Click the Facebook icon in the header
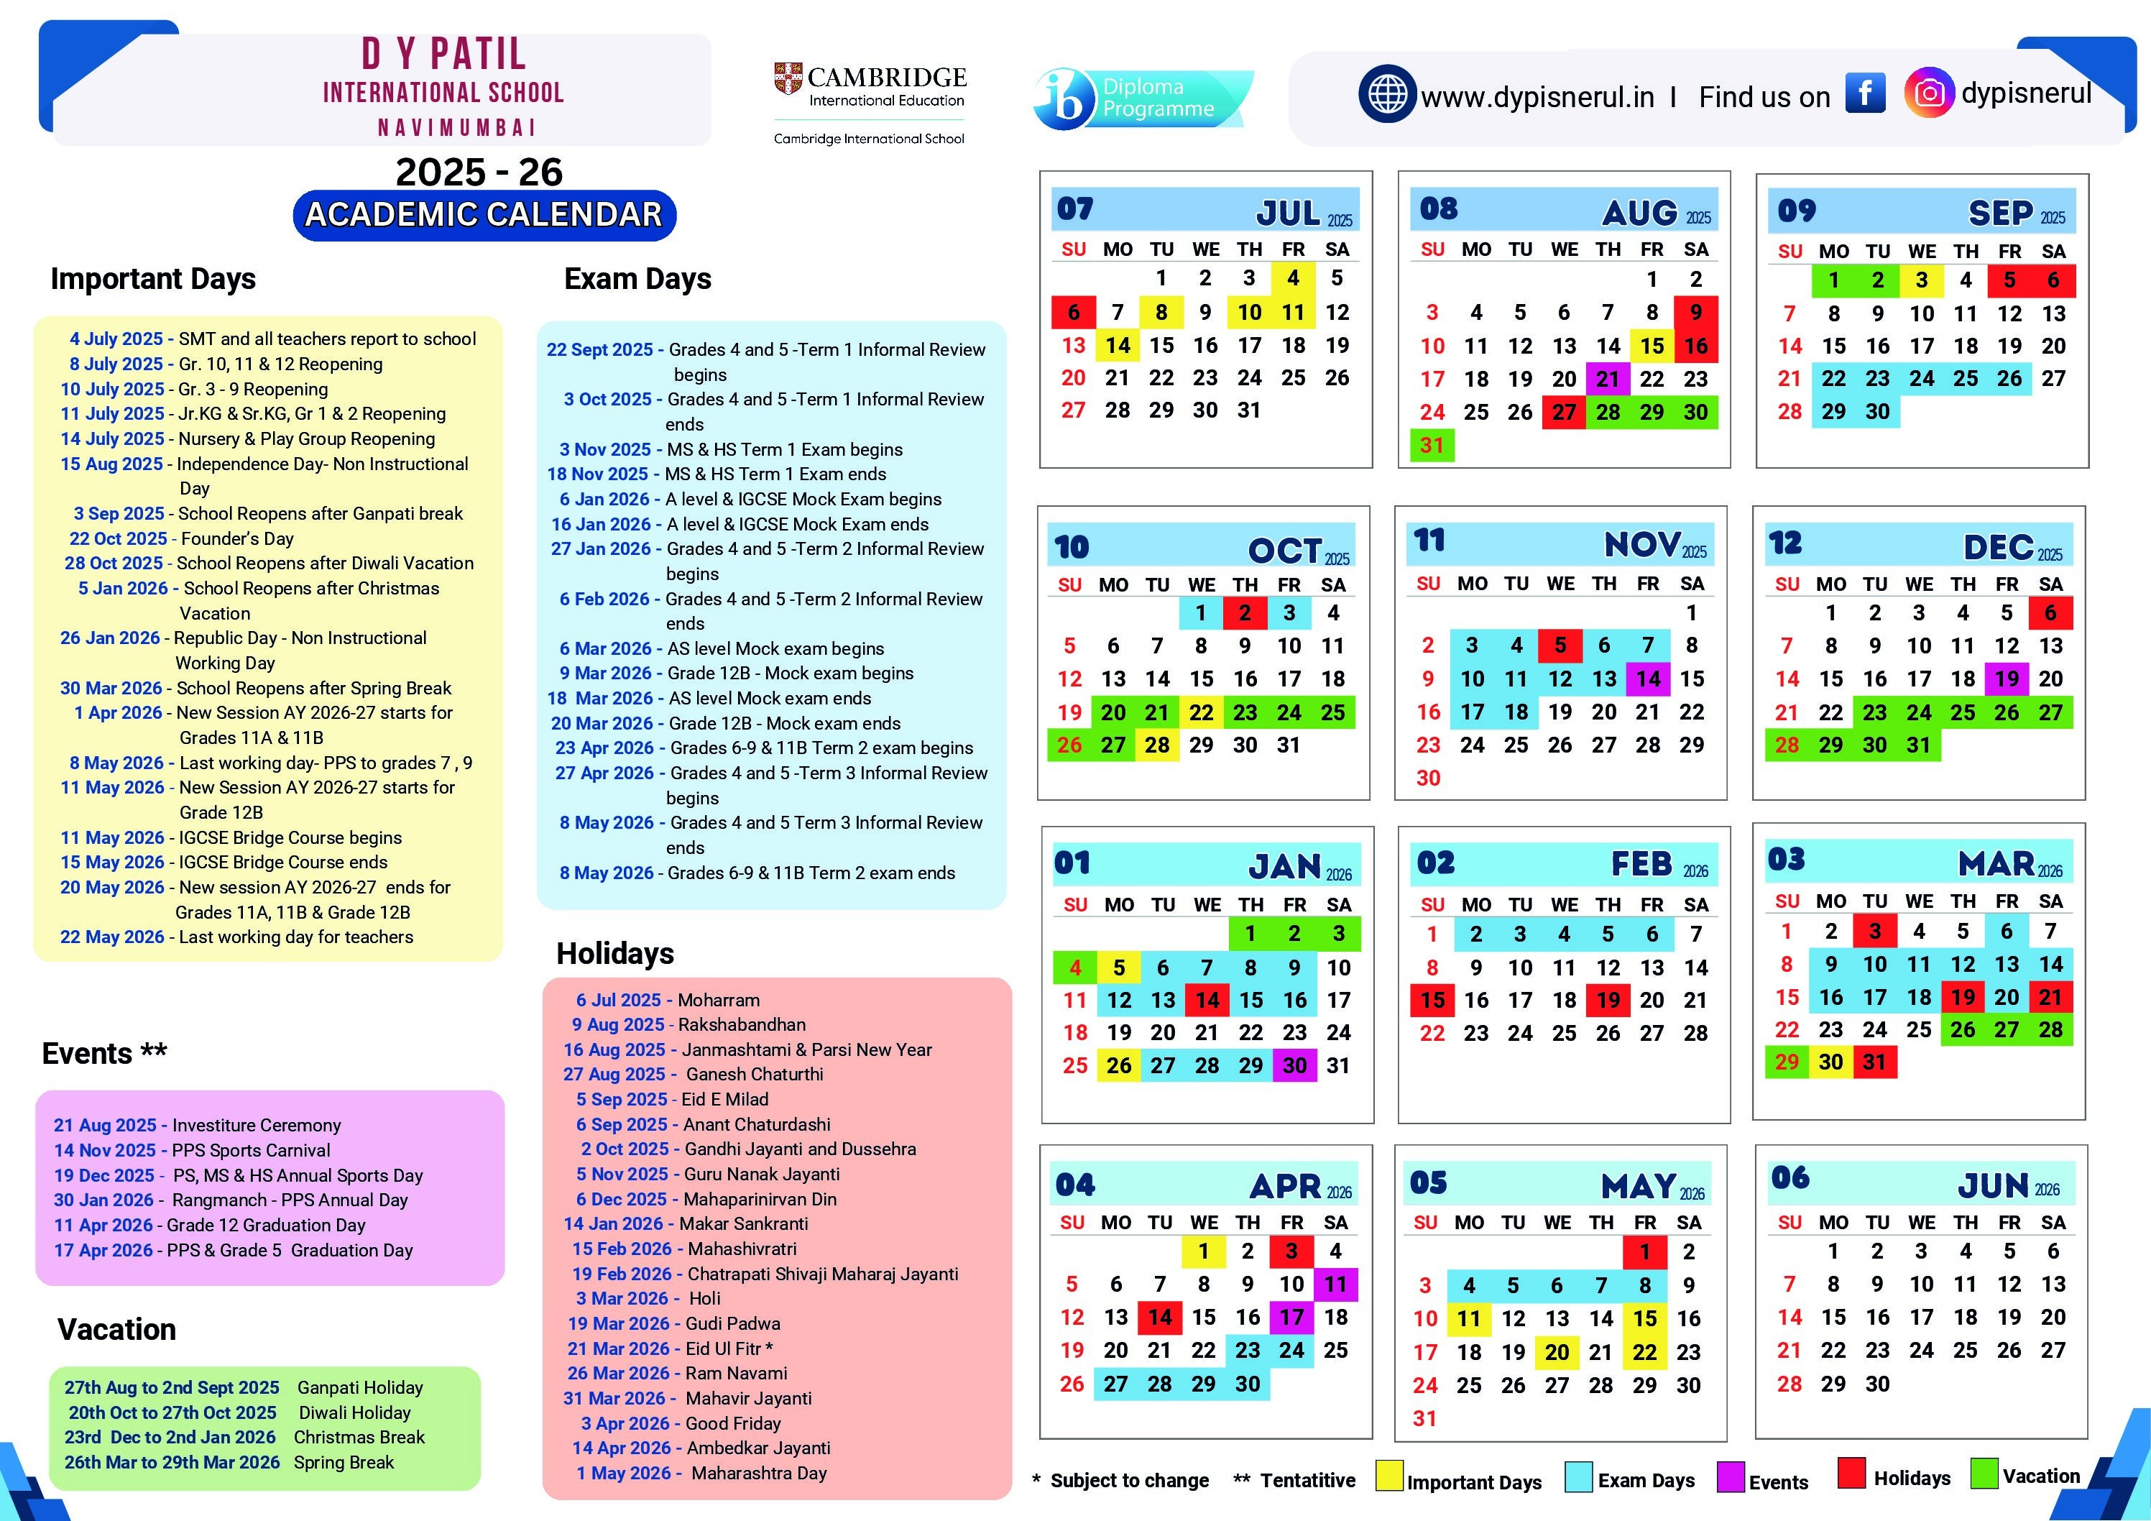[1864, 93]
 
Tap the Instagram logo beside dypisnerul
[1928, 93]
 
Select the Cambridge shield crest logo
[788, 78]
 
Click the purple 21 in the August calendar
[1608, 380]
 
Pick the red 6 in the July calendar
[1074, 312]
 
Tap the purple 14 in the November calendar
[1648, 679]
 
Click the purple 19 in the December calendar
[2006, 679]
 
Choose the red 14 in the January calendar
[1207, 1000]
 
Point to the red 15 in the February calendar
[1432, 1000]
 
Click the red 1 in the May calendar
[1644, 1252]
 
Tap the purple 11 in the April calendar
[1335, 1284]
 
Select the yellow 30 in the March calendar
[1830, 1062]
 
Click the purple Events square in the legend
[1731, 1476]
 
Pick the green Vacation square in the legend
[1984, 1474]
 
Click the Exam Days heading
[637, 280]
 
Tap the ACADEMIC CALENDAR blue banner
[484, 215]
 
